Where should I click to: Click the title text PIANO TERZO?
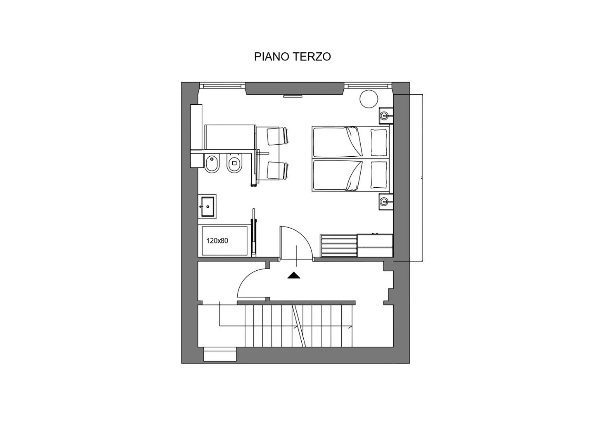tap(292, 57)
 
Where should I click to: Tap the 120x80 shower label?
tap(217, 241)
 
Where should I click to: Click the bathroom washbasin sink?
tap(208, 207)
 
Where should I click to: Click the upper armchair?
tap(277, 136)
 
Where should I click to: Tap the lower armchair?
tap(277, 170)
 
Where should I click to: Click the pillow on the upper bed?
tap(379, 142)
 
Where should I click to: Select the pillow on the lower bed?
tap(379, 175)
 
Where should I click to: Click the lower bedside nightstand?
tap(386, 202)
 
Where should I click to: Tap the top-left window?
tap(222, 86)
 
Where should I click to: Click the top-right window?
tap(368, 86)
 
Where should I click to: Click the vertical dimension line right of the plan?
tap(422, 177)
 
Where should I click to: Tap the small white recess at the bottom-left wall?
tap(220, 356)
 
